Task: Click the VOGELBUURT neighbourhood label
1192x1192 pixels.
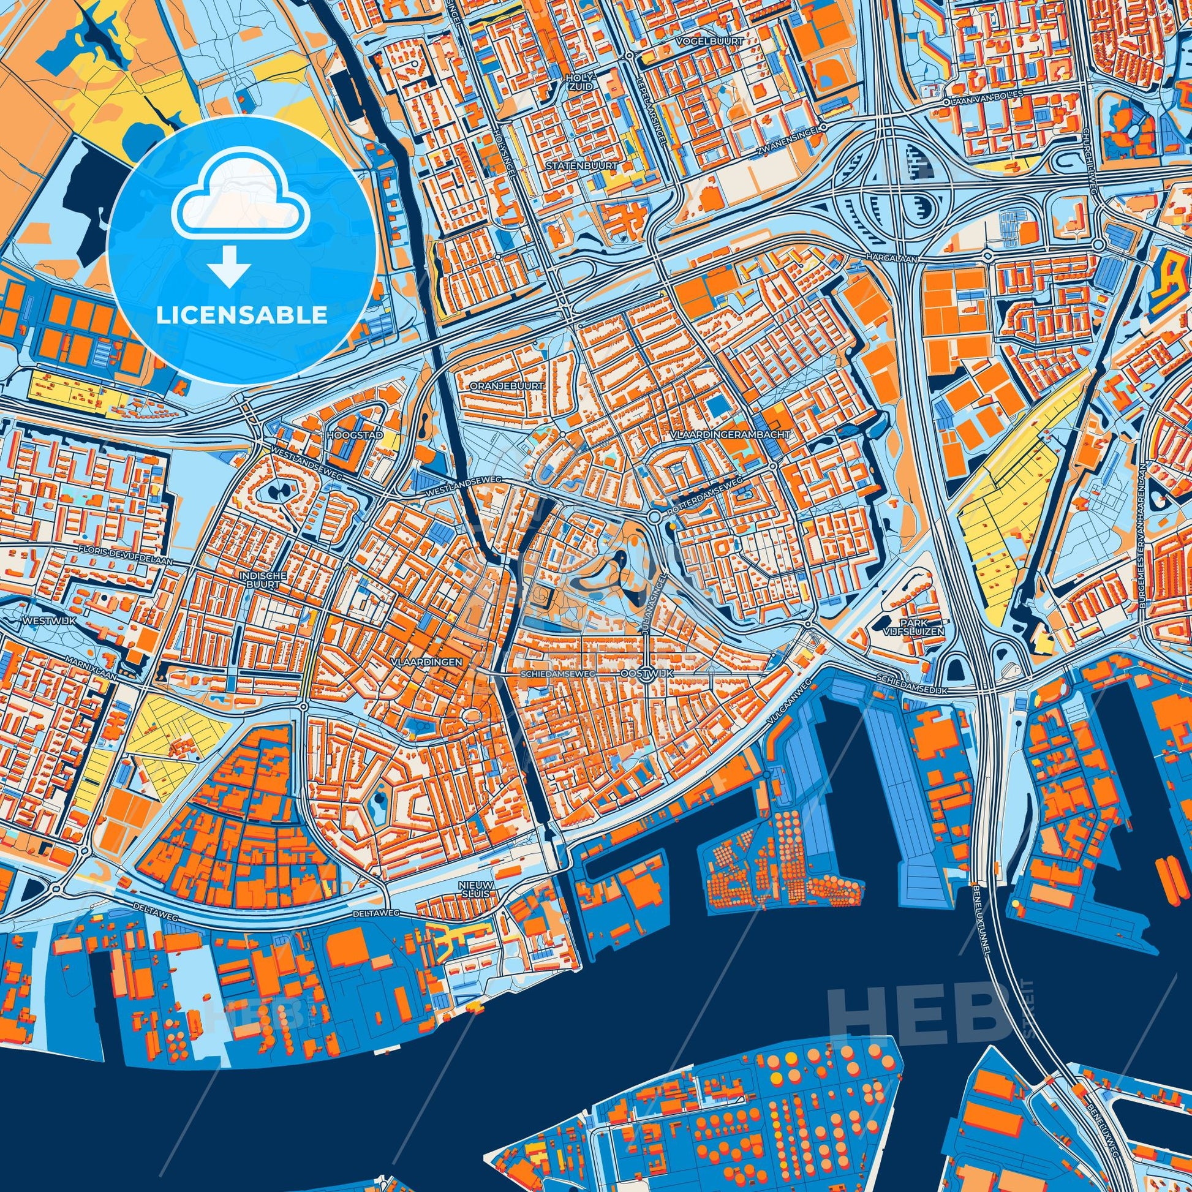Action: tap(709, 40)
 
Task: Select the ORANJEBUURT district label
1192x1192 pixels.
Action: tap(507, 386)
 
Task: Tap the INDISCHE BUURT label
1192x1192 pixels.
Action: tap(253, 579)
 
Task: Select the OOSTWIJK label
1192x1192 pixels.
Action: tap(647, 674)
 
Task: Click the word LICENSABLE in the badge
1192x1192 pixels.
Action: tap(241, 315)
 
